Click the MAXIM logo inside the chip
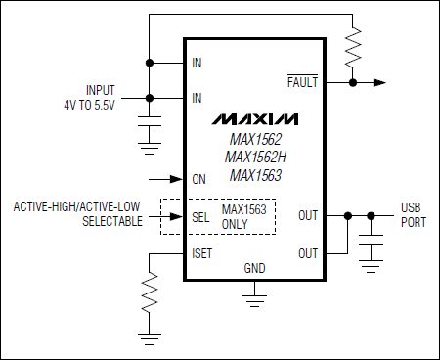coord(253,119)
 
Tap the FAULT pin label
coord(302,83)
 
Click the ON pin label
coord(199,179)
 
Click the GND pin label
coord(254,267)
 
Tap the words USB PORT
coord(413,215)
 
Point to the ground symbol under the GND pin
coord(254,292)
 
